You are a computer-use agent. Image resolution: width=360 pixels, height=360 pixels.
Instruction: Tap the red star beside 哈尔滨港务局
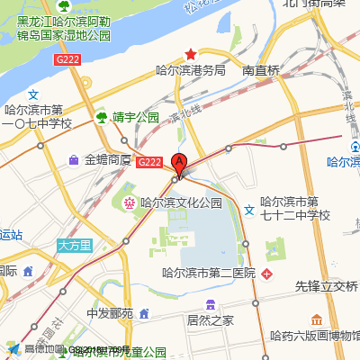point(190,55)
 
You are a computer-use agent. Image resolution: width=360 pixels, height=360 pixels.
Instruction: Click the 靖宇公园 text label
point(135,117)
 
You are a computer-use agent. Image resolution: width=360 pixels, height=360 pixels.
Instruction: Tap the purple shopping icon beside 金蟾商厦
point(73,160)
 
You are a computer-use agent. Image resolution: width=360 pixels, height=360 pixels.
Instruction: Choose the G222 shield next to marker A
point(149,162)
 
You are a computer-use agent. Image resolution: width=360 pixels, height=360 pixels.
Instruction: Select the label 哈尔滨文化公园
point(180,203)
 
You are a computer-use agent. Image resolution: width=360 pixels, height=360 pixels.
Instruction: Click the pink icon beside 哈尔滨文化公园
point(130,203)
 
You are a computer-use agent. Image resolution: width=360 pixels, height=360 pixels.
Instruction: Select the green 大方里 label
point(75,245)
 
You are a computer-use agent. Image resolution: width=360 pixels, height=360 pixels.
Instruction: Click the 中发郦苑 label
point(110,314)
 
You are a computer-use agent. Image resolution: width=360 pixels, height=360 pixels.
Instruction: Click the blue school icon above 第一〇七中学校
point(33,94)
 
